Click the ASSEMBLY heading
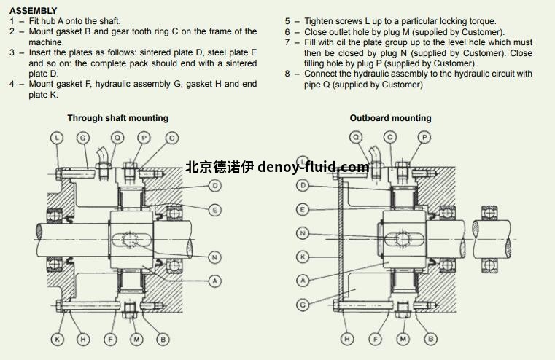point(33,11)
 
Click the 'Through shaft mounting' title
point(117,118)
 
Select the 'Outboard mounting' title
point(390,118)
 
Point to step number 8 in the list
point(287,74)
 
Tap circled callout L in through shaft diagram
point(58,137)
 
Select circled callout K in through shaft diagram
point(58,339)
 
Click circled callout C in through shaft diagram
point(171,137)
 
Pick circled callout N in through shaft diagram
point(214,257)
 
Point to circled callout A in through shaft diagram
point(214,281)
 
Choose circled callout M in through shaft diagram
point(136,339)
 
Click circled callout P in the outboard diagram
point(424,137)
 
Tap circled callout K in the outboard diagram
point(303,257)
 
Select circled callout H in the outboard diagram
point(348,339)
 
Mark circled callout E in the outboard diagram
point(303,210)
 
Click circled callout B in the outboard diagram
point(431,339)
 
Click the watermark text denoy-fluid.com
point(314,167)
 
